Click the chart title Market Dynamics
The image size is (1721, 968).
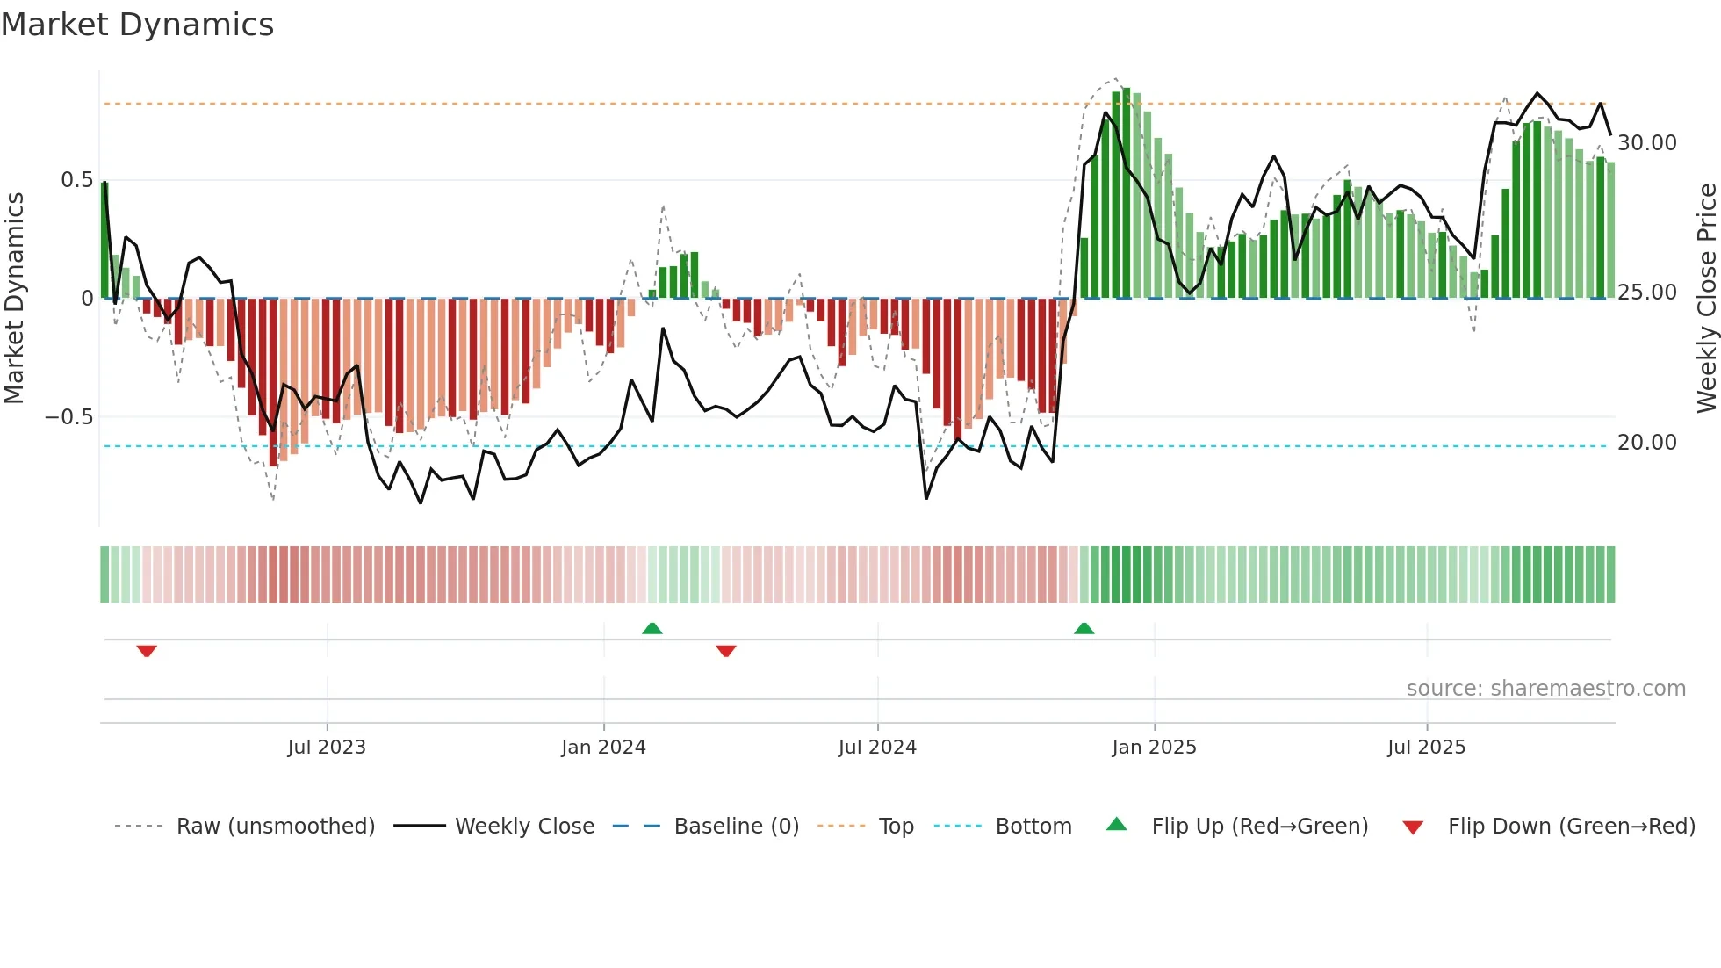[x=137, y=25]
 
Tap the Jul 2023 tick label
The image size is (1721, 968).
[x=327, y=748]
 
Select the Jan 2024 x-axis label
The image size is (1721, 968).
[x=603, y=748]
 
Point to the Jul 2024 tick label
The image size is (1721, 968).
[x=877, y=748]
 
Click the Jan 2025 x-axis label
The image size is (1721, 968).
[x=1154, y=748]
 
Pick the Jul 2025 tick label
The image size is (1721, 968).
[x=1426, y=748]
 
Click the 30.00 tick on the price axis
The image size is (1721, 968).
[x=1646, y=143]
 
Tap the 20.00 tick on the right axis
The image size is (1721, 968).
[x=1646, y=443]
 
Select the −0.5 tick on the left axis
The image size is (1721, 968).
[x=69, y=417]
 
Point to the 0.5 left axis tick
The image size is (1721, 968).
[x=76, y=180]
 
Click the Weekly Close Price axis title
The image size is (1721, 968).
[x=1706, y=299]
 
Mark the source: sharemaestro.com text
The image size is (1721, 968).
[x=1545, y=689]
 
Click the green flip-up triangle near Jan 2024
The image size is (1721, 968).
[x=652, y=628]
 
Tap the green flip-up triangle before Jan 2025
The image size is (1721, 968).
[x=1084, y=628]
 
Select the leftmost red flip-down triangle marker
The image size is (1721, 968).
[x=147, y=651]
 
